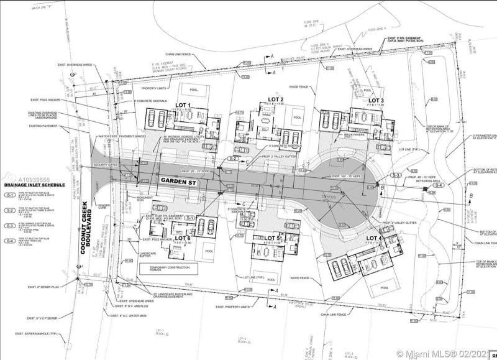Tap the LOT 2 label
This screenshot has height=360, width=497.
(x=276, y=99)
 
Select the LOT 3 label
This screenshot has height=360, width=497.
(x=376, y=100)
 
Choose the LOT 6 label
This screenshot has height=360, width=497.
(x=183, y=238)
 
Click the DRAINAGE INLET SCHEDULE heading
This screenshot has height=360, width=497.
(x=35, y=185)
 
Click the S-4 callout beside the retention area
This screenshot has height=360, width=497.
(x=438, y=185)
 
